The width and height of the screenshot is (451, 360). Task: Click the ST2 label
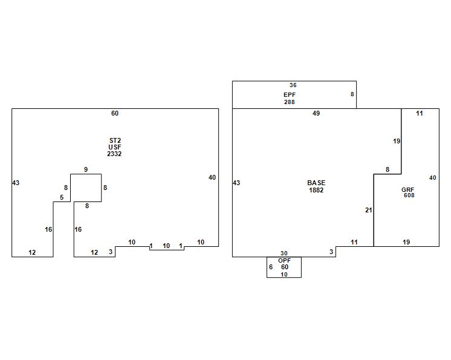pyautogui.click(x=115, y=140)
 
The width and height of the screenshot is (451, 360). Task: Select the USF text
pyautogui.click(x=115, y=147)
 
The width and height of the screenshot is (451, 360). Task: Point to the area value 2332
pyautogui.click(x=115, y=154)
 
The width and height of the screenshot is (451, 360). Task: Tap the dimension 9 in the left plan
pyautogui.click(x=86, y=169)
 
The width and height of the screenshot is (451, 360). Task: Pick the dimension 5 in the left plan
pyautogui.click(x=62, y=197)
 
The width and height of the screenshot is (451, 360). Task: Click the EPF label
pyautogui.click(x=290, y=95)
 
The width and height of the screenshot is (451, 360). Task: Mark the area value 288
pyautogui.click(x=290, y=102)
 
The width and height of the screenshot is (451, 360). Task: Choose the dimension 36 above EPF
pyautogui.click(x=293, y=85)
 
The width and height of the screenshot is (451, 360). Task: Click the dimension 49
pyautogui.click(x=316, y=113)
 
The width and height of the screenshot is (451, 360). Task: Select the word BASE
pyautogui.click(x=316, y=183)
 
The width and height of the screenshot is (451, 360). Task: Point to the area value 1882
pyautogui.click(x=316, y=190)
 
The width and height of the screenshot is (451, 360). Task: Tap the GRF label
pyautogui.click(x=408, y=190)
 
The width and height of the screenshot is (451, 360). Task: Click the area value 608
pyautogui.click(x=409, y=195)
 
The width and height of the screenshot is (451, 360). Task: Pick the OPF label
pyautogui.click(x=284, y=260)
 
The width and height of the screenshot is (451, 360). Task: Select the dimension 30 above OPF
pyautogui.click(x=284, y=254)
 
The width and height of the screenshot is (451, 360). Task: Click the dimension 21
pyautogui.click(x=369, y=211)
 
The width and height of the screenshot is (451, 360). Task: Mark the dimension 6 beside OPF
pyautogui.click(x=271, y=267)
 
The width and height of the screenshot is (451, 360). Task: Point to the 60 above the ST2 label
pyautogui.click(x=115, y=113)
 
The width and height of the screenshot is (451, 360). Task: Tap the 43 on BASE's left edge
pyautogui.click(x=236, y=183)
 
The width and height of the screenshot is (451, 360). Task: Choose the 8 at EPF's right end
pyautogui.click(x=352, y=94)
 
